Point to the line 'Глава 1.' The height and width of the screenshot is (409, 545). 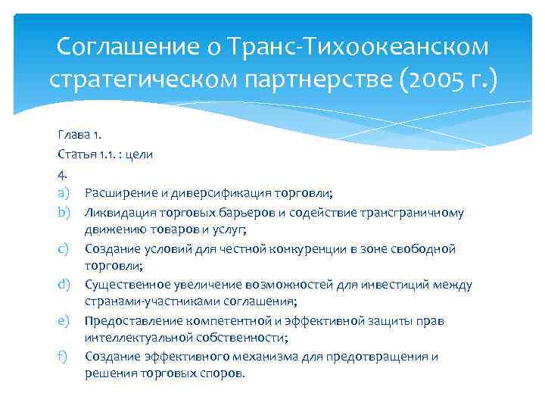click(77, 135)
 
